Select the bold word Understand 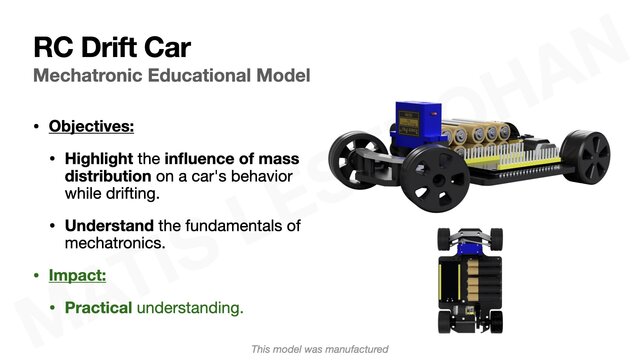click(x=112, y=226)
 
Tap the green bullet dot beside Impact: click(x=37, y=274)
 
